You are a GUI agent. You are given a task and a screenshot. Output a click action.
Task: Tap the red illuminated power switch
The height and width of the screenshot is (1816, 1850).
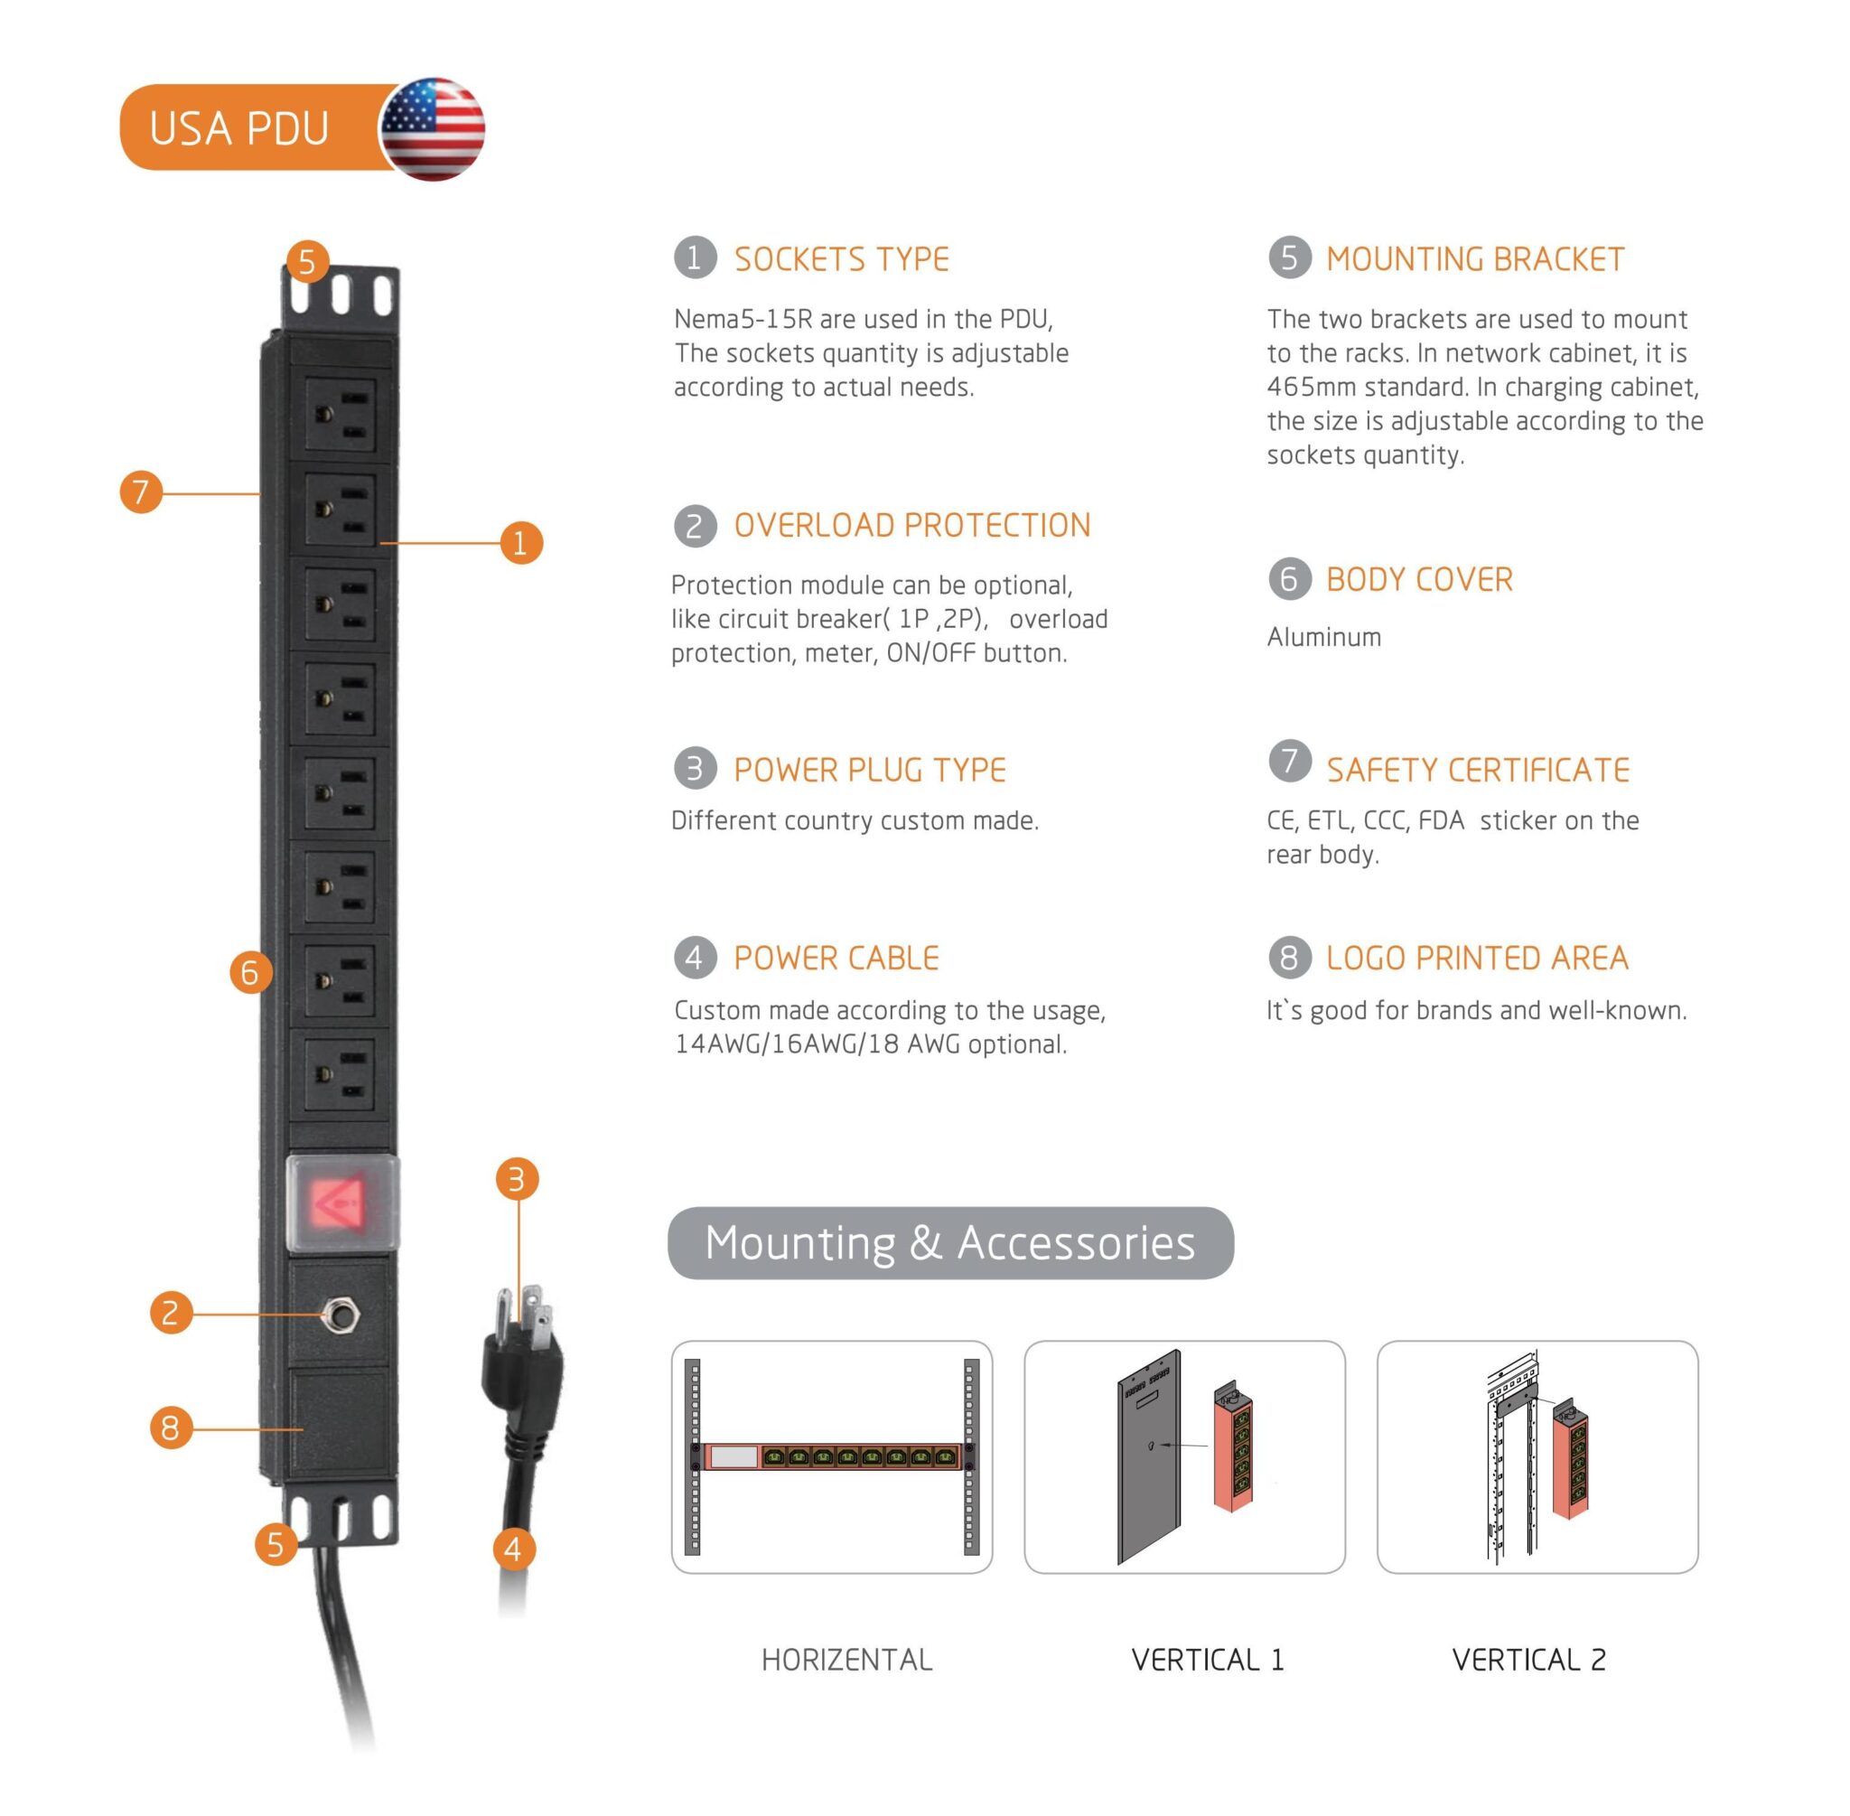341,1203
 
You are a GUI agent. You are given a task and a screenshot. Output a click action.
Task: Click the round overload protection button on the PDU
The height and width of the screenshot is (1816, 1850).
340,1316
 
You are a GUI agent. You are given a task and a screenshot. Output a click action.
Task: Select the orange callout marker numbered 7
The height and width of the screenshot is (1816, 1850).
141,492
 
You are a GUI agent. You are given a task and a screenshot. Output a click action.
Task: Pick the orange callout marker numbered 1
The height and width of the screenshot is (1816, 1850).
520,543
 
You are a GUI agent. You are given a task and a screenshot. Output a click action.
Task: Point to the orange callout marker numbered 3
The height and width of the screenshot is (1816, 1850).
517,1179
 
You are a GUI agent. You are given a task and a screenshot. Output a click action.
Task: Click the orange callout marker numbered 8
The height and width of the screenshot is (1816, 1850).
171,1428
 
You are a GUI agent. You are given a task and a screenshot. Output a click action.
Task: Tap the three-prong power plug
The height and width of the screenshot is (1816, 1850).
523,1354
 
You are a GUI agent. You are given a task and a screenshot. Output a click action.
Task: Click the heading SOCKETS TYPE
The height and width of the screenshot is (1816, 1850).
841,259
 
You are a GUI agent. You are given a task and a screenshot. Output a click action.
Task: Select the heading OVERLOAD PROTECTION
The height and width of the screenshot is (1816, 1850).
911,526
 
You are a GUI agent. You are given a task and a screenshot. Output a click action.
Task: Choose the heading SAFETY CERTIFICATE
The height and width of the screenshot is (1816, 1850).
1477,771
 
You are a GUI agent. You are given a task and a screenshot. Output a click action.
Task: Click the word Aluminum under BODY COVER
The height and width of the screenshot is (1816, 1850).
1323,637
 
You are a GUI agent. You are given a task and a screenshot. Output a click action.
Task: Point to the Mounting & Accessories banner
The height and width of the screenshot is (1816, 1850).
949,1243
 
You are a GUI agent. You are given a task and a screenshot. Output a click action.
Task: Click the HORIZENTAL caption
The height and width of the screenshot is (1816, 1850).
846,1661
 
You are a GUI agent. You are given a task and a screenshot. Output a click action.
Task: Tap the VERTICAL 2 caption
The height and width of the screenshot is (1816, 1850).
1528,1661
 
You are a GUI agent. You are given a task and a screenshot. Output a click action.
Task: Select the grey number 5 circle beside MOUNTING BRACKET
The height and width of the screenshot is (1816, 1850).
1289,257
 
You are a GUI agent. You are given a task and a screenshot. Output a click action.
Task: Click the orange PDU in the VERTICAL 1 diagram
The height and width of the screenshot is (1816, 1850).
1233,1450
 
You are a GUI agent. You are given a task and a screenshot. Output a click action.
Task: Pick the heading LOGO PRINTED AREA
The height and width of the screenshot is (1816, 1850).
1477,959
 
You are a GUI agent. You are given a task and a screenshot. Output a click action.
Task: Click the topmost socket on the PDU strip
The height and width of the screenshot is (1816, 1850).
341,417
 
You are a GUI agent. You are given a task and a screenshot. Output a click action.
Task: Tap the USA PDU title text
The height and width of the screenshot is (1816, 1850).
238,127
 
